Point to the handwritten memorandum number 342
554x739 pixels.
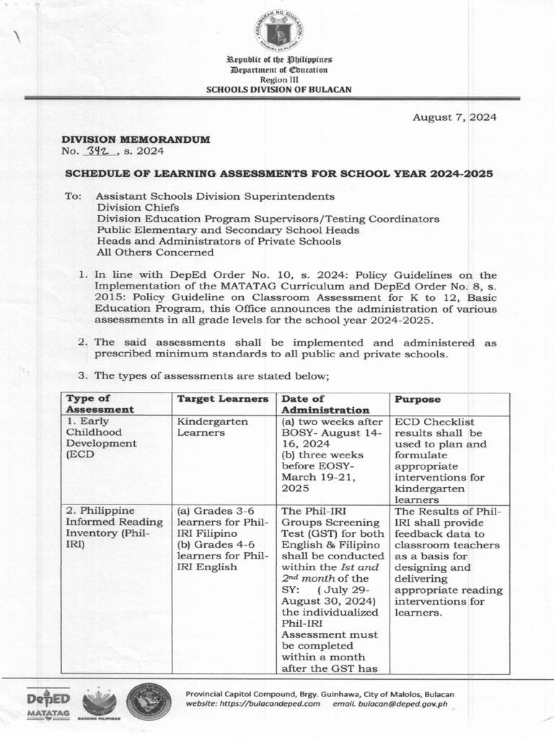pyautogui.click(x=97, y=152)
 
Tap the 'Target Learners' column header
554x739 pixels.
pyautogui.click(x=223, y=399)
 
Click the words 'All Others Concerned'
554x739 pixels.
pyautogui.click(x=155, y=253)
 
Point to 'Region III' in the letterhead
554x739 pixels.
pyautogui.click(x=278, y=79)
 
